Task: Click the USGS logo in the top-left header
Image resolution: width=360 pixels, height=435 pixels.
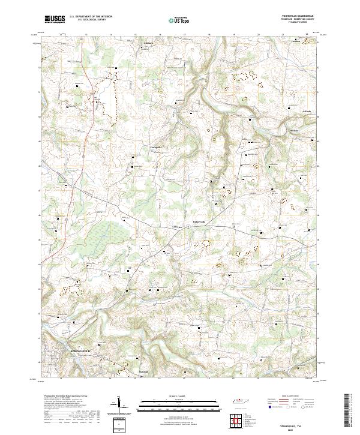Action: coord(55,19)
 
